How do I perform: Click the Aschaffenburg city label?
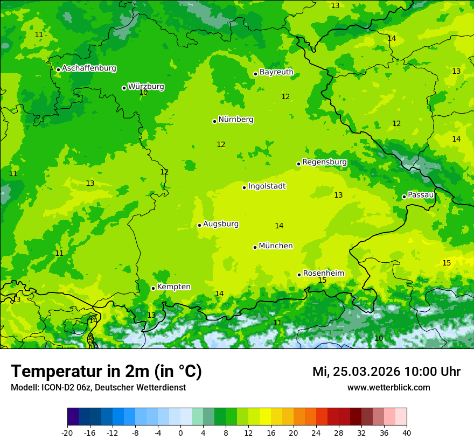click(x=89, y=68)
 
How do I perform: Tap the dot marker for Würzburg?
click(x=124, y=88)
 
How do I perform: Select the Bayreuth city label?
click(x=276, y=72)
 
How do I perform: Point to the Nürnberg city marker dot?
click(x=214, y=121)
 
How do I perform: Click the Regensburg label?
click(x=324, y=162)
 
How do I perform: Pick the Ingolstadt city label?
click(x=267, y=186)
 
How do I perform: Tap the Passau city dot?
click(x=404, y=197)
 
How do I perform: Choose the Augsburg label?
click(x=220, y=224)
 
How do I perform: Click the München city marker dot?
click(x=255, y=247)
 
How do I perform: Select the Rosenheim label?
click(x=323, y=274)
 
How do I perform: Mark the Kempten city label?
click(x=173, y=287)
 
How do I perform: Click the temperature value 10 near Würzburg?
click(x=143, y=93)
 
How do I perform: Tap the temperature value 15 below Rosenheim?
click(x=322, y=281)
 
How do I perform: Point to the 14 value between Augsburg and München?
click(x=279, y=226)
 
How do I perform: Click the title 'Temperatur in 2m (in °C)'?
click(x=106, y=372)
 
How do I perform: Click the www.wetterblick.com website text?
click(x=388, y=388)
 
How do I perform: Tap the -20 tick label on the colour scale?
click(x=67, y=433)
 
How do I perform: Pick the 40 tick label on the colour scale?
click(x=407, y=433)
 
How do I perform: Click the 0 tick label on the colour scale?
click(x=180, y=433)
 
